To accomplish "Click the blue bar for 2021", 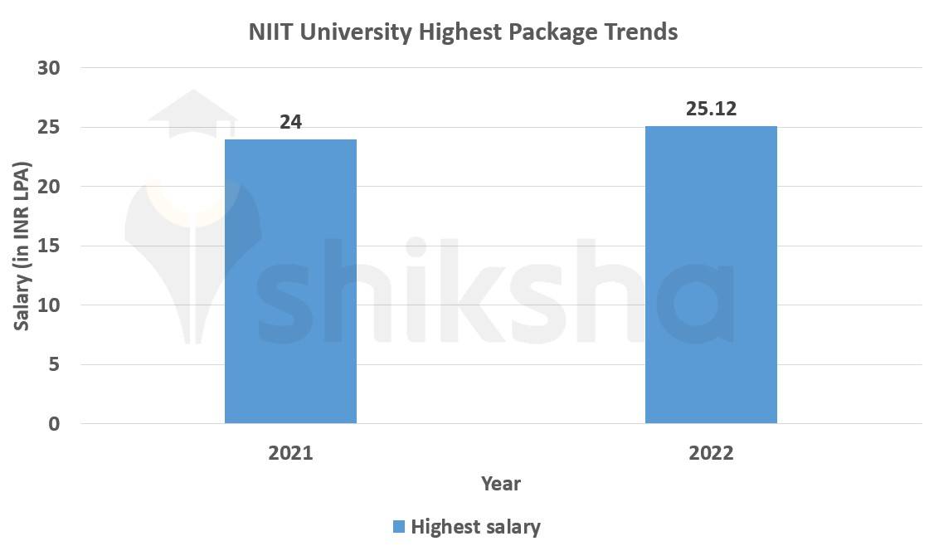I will point(290,281).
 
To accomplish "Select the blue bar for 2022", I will point(711,275).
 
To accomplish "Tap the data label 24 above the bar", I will point(290,122).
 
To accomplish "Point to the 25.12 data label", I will point(712,109).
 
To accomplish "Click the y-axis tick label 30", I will point(49,68).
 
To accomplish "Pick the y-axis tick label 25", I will point(49,128).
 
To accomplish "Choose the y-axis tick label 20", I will point(49,187).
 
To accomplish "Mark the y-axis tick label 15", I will point(49,246).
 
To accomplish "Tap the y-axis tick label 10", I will point(49,305).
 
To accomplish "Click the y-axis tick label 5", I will point(54,365).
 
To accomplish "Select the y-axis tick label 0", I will point(54,424).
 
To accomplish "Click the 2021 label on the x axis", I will point(290,453).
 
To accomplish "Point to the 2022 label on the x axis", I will point(711,453).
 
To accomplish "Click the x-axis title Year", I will point(501,483).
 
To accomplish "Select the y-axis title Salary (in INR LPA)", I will point(22,246).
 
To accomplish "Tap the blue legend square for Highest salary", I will point(398,527).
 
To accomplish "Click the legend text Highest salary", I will point(475,527).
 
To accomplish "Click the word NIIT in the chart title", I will point(271,32).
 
